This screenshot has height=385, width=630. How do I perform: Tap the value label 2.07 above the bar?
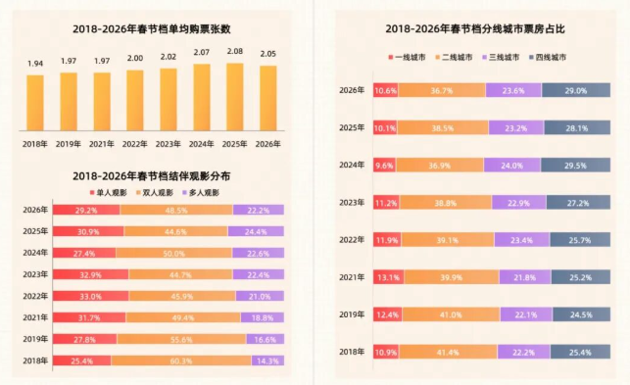[x=202, y=52]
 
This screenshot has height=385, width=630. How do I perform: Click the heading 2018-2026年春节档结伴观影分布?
[x=151, y=175]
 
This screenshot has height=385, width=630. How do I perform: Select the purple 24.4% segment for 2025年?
[x=256, y=231]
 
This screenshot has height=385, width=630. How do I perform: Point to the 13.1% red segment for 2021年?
[x=386, y=276]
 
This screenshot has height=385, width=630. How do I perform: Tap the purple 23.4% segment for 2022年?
[x=522, y=239]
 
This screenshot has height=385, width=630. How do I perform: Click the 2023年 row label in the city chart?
[x=351, y=203]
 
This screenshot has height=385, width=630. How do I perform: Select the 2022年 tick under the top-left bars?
[x=135, y=143]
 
